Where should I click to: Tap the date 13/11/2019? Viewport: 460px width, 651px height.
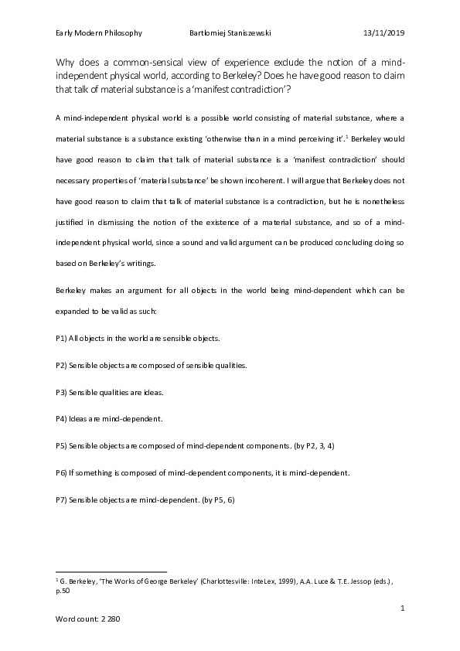[x=383, y=33]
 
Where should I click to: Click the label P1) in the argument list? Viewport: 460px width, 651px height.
[x=61, y=338]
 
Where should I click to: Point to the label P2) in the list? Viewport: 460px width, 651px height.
[x=61, y=365]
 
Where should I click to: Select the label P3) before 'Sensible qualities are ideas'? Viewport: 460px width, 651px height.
[x=61, y=392]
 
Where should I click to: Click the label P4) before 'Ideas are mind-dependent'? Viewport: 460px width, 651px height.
[x=61, y=419]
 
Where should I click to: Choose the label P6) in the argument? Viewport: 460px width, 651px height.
[x=61, y=473]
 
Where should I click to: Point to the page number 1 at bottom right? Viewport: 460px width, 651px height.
[x=403, y=609]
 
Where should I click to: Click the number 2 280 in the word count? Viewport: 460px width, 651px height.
[x=110, y=621]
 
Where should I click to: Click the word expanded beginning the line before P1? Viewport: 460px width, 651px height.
[x=73, y=311]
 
